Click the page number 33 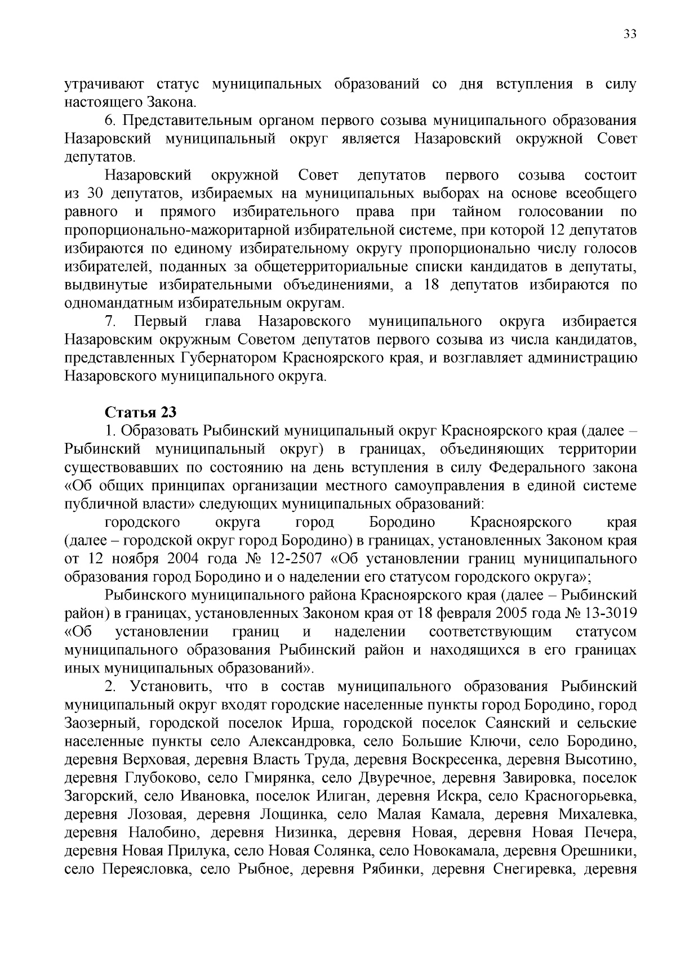point(629,34)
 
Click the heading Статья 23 point(141,413)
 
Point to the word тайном point(476,212)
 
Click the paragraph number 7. point(110,321)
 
